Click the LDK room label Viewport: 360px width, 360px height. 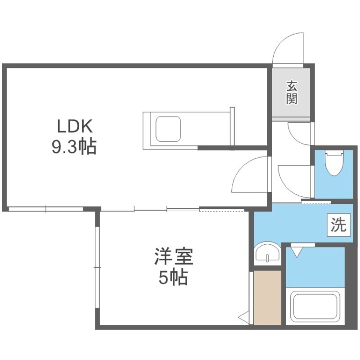click(x=75, y=126)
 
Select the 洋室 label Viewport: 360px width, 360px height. click(x=174, y=256)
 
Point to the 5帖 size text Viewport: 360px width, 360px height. click(x=173, y=277)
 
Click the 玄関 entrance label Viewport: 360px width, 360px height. click(x=292, y=92)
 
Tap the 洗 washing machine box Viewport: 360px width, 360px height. click(x=339, y=225)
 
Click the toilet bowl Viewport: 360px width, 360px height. click(x=334, y=164)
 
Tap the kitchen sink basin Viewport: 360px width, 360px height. click(x=168, y=129)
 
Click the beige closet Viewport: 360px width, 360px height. click(x=267, y=298)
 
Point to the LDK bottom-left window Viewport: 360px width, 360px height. click(x=46, y=209)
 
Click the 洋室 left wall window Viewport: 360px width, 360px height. click(x=97, y=267)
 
